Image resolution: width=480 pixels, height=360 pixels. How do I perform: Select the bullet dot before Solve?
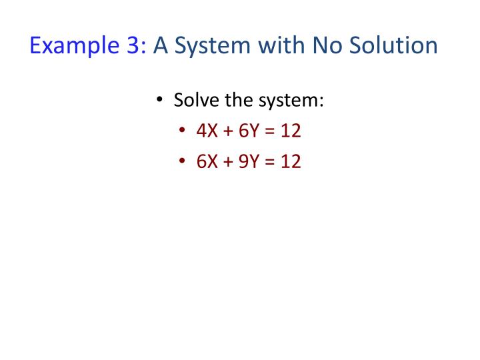[x=160, y=101]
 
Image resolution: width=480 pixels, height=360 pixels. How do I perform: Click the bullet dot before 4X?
[x=183, y=131]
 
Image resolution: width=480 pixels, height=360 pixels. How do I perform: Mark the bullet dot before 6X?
[x=183, y=161]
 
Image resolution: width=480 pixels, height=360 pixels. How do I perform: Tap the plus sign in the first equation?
[x=226, y=131]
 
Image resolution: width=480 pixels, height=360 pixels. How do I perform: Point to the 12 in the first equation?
[x=290, y=131]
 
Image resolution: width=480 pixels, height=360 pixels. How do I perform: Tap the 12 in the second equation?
[x=290, y=161]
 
